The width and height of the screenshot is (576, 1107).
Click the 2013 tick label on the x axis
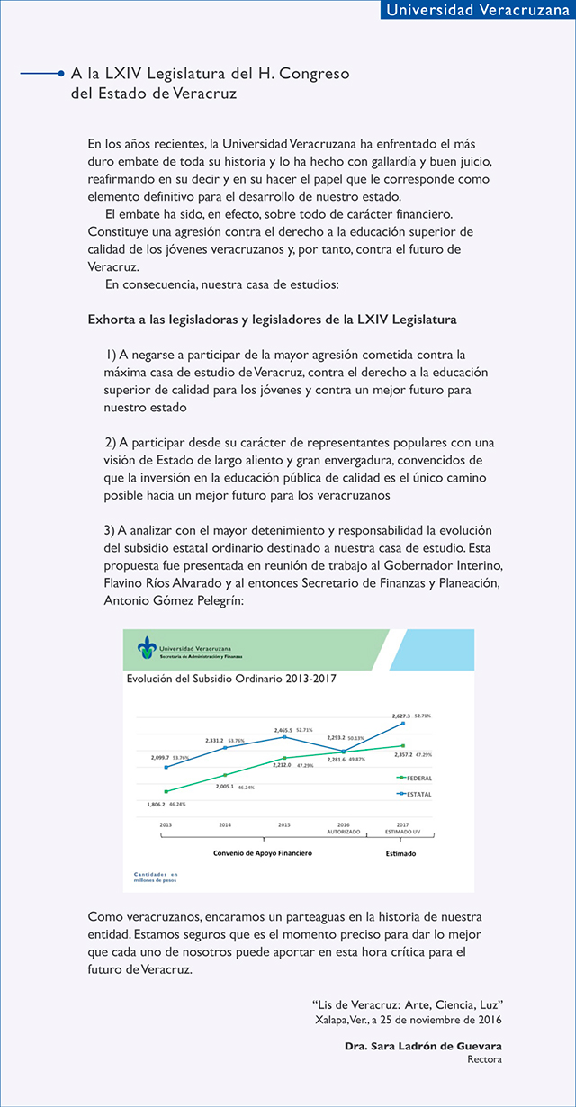tap(166, 824)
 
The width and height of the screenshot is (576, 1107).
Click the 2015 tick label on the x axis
tap(283, 824)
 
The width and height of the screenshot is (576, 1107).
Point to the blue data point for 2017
tap(402, 723)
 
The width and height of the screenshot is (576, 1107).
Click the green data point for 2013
tap(166, 791)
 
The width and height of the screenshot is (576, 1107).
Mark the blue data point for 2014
tap(225, 748)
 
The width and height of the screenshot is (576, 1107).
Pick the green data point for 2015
tap(284, 758)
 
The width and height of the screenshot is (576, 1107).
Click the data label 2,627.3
tap(401, 715)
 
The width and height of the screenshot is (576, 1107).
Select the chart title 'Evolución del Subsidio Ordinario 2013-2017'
tap(231, 679)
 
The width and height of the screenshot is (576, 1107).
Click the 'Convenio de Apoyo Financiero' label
tap(263, 852)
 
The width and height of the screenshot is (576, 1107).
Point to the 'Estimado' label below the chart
tap(400, 852)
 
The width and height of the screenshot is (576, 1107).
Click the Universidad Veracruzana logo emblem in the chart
tap(147, 647)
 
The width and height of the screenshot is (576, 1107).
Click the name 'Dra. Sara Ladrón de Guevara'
tap(423, 1046)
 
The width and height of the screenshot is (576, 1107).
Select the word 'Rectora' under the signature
tap(484, 1059)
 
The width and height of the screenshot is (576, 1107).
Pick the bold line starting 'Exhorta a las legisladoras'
tap(272, 319)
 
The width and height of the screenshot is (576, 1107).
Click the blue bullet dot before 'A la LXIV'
tap(61, 74)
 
